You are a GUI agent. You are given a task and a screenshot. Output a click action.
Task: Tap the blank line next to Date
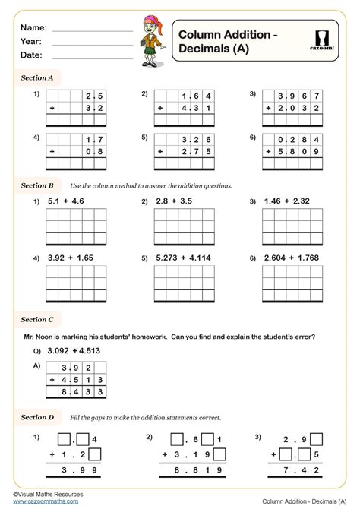[x=92, y=58]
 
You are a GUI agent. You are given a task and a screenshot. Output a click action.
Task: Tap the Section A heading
[x=36, y=77]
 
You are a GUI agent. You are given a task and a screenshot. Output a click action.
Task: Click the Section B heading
[x=36, y=185]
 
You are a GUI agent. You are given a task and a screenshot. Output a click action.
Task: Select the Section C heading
[x=36, y=320]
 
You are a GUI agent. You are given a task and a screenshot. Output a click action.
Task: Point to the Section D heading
[x=36, y=417]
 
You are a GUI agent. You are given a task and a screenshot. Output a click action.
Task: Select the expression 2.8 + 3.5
[x=175, y=202]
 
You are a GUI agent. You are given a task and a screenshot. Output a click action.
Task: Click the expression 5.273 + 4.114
[x=183, y=258]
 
